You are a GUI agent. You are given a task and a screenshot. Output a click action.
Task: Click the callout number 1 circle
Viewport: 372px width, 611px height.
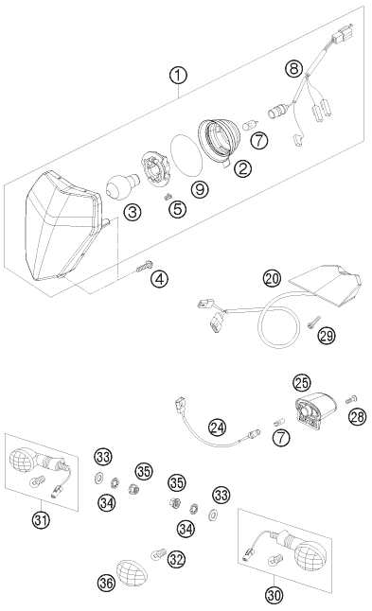pyautogui.click(x=178, y=75)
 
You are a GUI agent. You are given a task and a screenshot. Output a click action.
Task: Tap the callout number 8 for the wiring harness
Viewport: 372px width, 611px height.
pyautogui.click(x=293, y=69)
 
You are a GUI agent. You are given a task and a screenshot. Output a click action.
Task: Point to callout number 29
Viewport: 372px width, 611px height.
pyautogui.click(x=327, y=335)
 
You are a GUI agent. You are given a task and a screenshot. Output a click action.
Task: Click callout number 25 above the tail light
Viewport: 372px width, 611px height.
pyautogui.click(x=302, y=383)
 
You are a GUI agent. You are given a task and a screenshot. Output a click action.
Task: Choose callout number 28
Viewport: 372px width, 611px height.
pyautogui.click(x=358, y=416)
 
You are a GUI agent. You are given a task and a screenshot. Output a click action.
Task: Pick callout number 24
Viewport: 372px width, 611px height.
pyautogui.click(x=217, y=428)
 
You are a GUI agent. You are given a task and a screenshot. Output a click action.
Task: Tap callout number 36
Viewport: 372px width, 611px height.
pyautogui.click(x=106, y=583)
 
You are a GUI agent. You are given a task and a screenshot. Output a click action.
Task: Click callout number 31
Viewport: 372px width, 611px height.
pyautogui.click(x=42, y=520)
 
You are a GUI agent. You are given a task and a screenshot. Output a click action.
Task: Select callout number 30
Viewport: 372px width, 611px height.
pyautogui.click(x=274, y=595)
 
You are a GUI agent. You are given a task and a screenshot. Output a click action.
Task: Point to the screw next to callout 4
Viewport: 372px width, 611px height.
pyautogui.click(x=144, y=266)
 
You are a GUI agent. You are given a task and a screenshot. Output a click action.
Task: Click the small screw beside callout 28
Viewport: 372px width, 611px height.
pyautogui.click(x=351, y=399)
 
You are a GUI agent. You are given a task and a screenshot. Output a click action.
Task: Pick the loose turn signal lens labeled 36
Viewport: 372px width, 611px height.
pyautogui.click(x=132, y=573)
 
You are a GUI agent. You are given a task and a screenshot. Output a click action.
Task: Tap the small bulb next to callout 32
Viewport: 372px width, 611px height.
pyautogui.click(x=158, y=553)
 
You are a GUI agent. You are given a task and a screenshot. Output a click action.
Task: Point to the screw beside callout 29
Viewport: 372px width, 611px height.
pyautogui.click(x=312, y=322)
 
